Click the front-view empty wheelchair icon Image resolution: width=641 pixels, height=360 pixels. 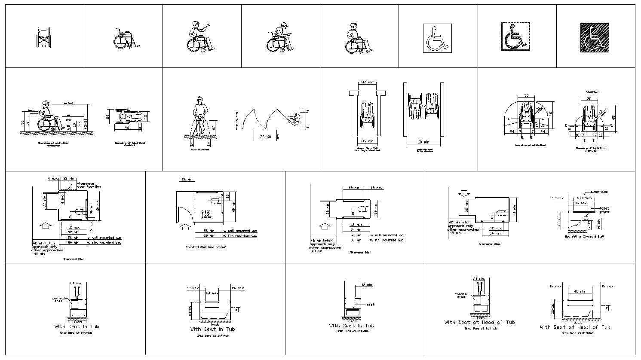43,38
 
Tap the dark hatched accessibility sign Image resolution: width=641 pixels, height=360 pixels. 595,38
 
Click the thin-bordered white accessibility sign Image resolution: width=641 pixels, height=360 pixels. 437,38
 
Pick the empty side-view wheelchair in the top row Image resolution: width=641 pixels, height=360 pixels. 126,38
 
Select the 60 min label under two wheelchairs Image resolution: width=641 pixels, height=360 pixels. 423,141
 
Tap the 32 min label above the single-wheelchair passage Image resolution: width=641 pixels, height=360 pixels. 366,82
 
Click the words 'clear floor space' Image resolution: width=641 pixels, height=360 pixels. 206,215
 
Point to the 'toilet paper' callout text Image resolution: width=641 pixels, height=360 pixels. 604,210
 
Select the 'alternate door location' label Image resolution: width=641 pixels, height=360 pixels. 89,185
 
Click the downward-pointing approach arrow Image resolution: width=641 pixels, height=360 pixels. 463,194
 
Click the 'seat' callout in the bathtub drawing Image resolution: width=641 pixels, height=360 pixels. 370,305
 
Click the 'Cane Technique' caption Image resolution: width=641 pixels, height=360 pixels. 200,149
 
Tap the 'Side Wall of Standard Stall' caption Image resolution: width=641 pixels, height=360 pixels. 584,237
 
